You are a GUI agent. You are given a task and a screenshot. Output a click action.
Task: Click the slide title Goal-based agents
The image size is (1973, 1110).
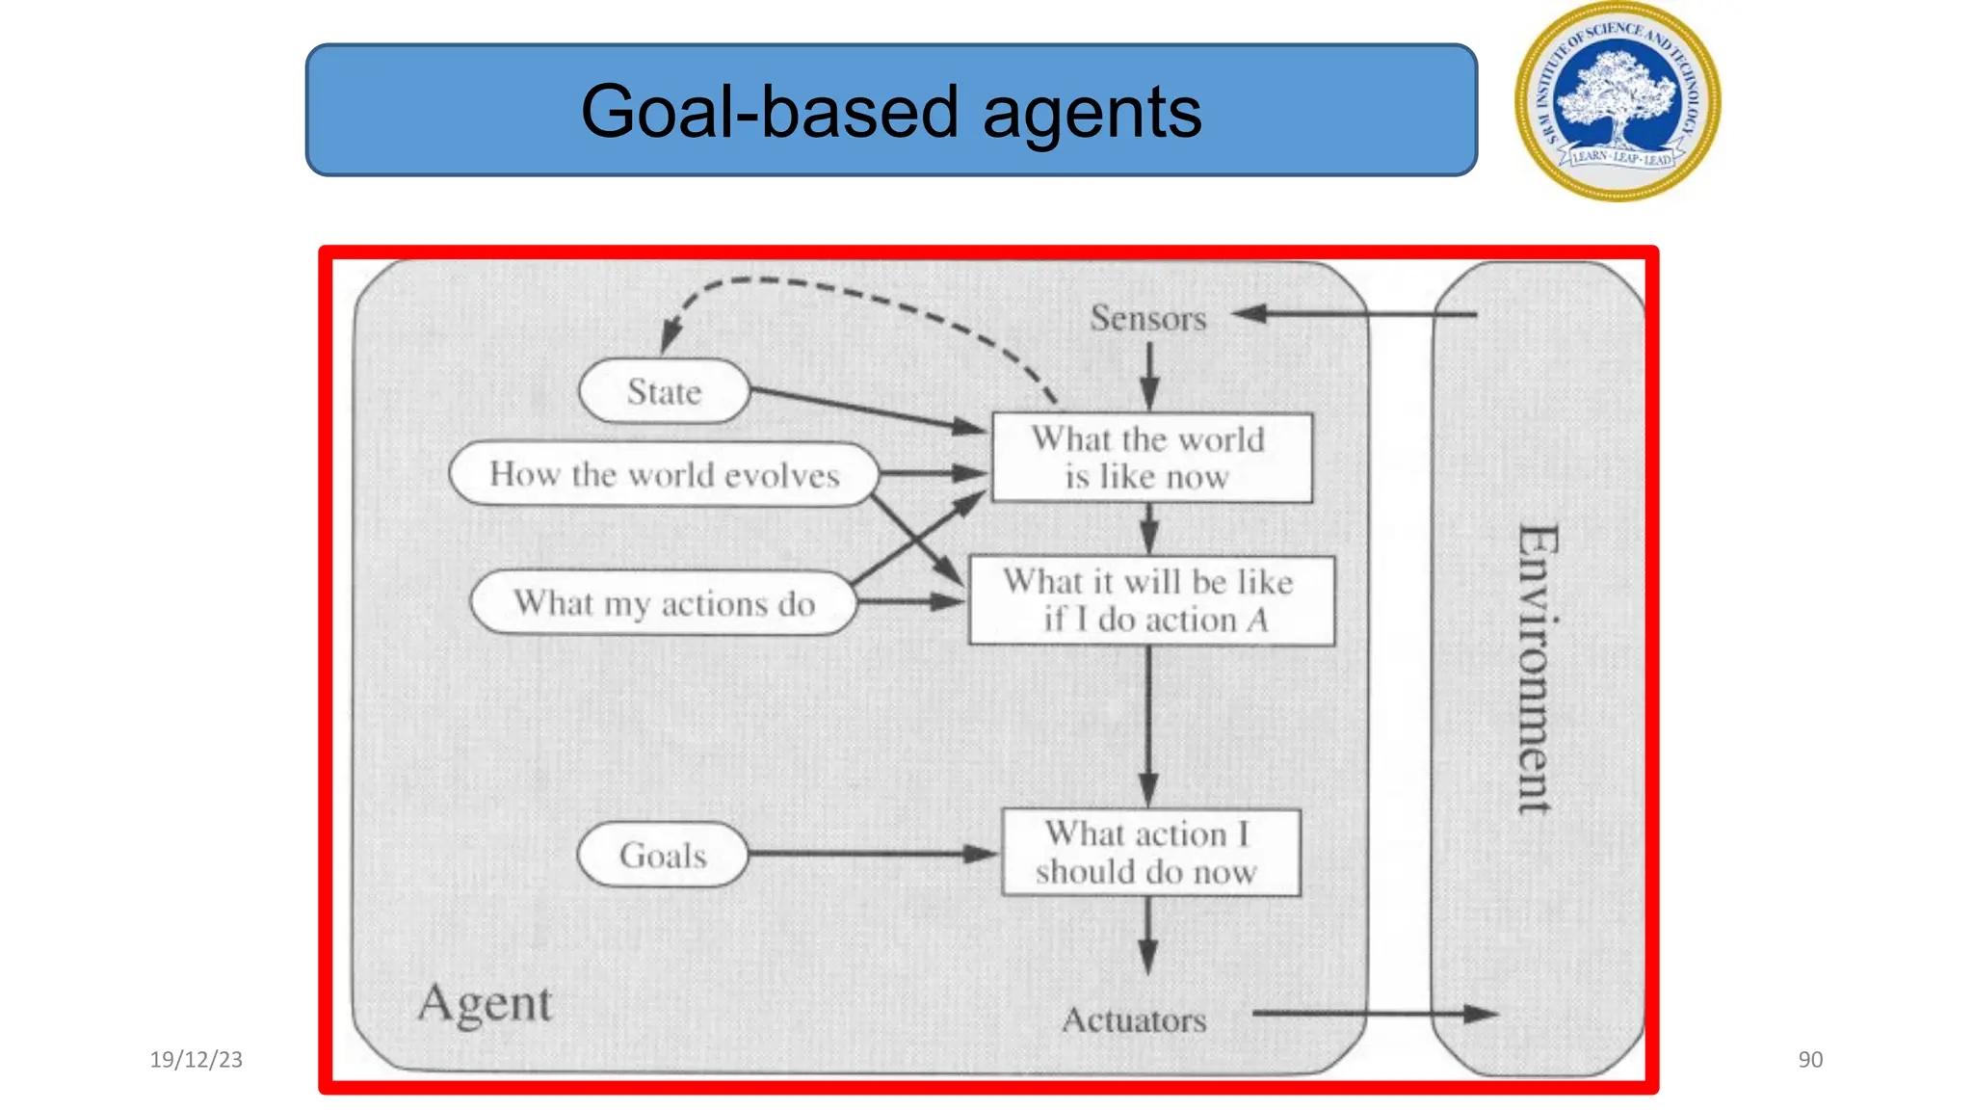pyautogui.click(x=890, y=111)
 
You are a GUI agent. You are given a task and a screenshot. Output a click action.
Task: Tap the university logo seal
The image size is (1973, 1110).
pyautogui.click(x=1618, y=101)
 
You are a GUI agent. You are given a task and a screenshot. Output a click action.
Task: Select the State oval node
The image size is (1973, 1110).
pyautogui.click(x=664, y=391)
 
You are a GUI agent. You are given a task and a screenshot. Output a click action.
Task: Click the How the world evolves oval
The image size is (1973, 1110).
pyautogui.click(x=664, y=474)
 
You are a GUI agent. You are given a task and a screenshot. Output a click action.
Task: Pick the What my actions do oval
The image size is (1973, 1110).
pyautogui.click(x=664, y=603)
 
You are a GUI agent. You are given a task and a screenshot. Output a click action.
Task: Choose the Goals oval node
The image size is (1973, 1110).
pyautogui.click(x=663, y=855)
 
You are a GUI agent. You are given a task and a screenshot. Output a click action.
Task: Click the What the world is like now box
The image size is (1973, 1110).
pyautogui.click(x=1151, y=458)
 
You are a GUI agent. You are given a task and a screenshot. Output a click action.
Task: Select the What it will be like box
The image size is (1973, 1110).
pyautogui.click(x=1151, y=600)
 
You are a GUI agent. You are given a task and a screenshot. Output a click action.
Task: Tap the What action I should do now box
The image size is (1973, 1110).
pyautogui.click(x=1151, y=853)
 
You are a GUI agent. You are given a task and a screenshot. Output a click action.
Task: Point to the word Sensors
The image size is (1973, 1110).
pyautogui.click(x=1147, y=318)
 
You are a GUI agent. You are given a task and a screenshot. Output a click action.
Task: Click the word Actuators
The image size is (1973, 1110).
pyautogui.click(x=1134, y=1019)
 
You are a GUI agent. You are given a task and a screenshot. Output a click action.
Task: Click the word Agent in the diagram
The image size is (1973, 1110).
pyautogui.click(x=485, y=1004)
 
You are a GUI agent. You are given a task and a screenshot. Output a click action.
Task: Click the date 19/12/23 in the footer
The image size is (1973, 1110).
pyautogui.click(x=196, y=1060)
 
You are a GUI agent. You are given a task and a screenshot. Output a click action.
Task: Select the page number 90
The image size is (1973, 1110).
pyautogui.click(x=1810, y=1060)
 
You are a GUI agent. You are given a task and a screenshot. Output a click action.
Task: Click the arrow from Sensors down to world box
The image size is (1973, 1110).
pyautogui.click(x=1149, y=376)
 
